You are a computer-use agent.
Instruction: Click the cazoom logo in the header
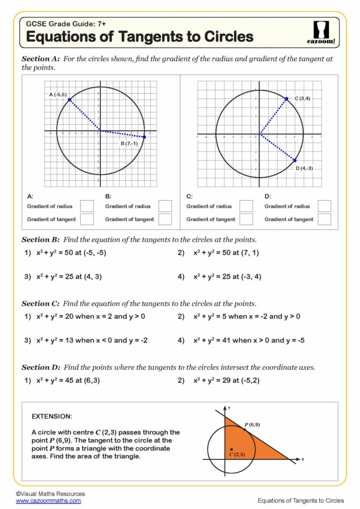click(321, 32)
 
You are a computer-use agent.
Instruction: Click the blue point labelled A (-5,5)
click(69, 99)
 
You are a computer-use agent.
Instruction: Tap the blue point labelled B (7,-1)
click(144, 137)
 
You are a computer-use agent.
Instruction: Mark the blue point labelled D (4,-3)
click(295, 160)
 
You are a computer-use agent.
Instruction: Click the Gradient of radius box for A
click(87, 206)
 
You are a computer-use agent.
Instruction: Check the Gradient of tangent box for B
click(165, 219)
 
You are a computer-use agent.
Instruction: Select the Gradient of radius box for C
click(246, 206)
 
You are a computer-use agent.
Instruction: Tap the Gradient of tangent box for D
click(324, 219)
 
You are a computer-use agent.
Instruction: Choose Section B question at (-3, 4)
click(227, 277)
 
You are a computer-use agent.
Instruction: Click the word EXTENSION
click(52, 416)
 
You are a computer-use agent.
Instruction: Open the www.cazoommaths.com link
click(48, 501)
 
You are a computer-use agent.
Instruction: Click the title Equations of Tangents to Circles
click(140, 36)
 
